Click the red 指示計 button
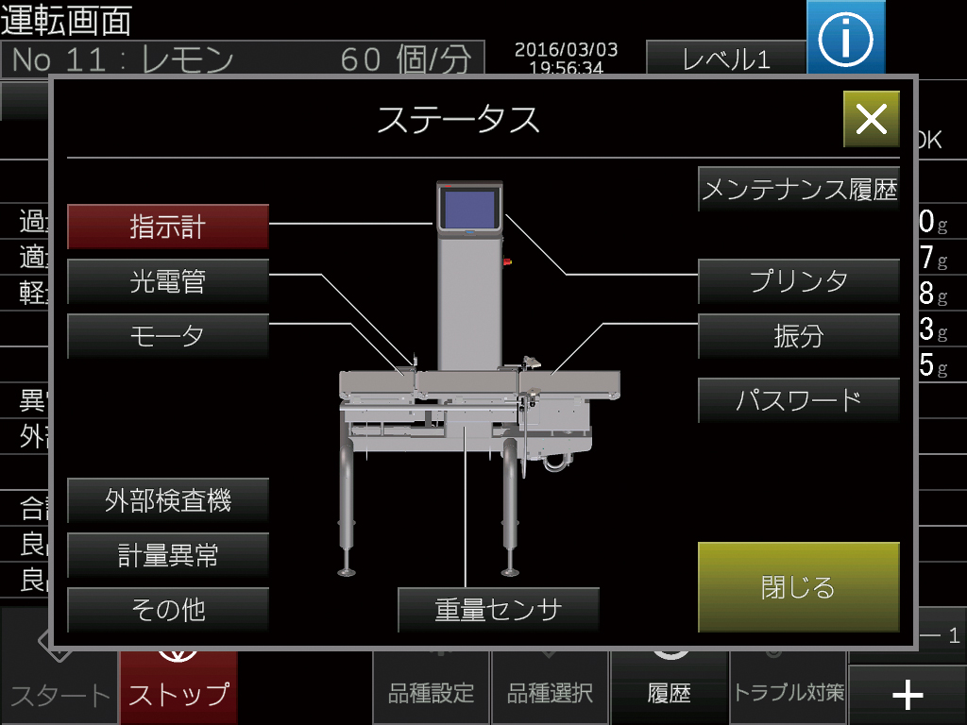(x=168, y=228)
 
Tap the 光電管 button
(x=168, y=281)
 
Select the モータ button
(x=168, y=336)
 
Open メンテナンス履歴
(x=799, y=191)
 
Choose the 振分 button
(x=799, y=336)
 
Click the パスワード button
(x=799, y=399)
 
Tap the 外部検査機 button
(x=168, y=500)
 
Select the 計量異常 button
(x=168, y=555)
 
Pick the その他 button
(x=168, y=610)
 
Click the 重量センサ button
(x=499, y=610)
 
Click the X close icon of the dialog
(x=871, y=119)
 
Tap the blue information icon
(x=845, y=38)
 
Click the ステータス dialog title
(x=459, y=120)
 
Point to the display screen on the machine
(x=469, y=210)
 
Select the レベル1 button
(x=725, y=59)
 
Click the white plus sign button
(x=908, y=696)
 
